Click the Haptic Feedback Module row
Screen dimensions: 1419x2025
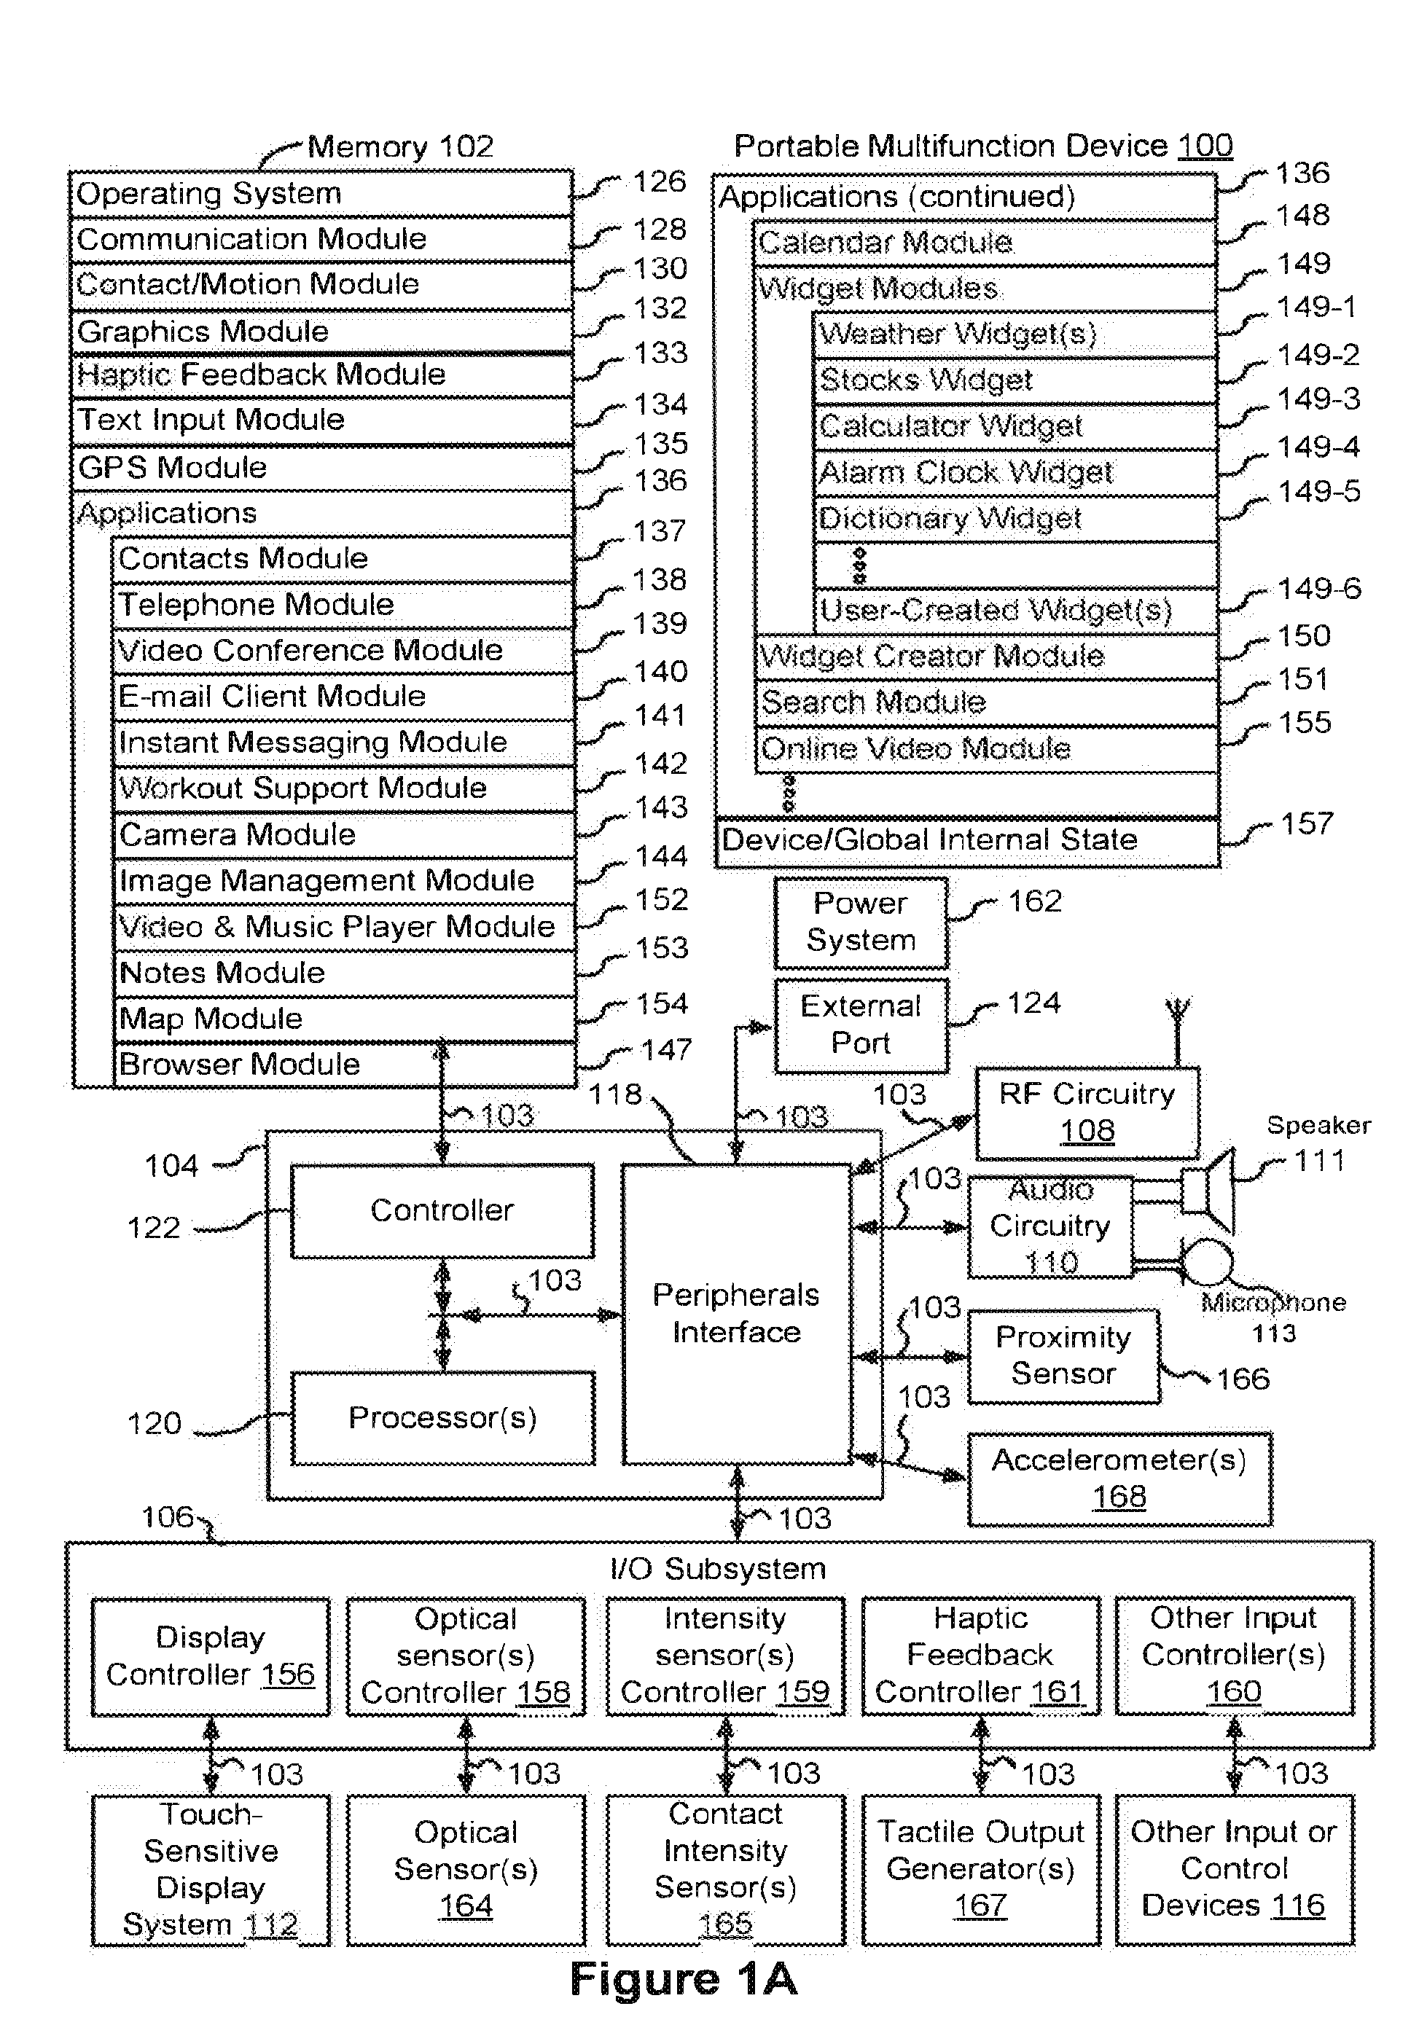(x=322, y=375)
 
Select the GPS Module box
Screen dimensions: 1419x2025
(x=322, y=467)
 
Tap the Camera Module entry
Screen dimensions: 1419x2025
(x=344, y=834)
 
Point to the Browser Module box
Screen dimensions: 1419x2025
(x=344, y=1065)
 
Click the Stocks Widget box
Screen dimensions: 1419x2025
(x=1015, y=380)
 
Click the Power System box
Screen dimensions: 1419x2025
(x=861, y=923)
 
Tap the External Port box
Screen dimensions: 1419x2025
(x=861, y=1025)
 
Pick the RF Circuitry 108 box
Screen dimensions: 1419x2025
(x=1087, y=1113)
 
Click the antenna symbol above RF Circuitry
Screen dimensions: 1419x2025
(x=1177, y=1031)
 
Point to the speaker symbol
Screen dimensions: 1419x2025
(x=1208, y=1191)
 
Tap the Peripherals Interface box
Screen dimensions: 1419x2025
(x=736, y=1314)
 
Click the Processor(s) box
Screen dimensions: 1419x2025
(x=442, y=1418)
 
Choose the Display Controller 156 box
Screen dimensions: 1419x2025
(x=211, y=1656)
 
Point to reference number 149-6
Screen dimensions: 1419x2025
(x=1319, y=588)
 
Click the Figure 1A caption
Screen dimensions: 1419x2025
(x=684, y=1979)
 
